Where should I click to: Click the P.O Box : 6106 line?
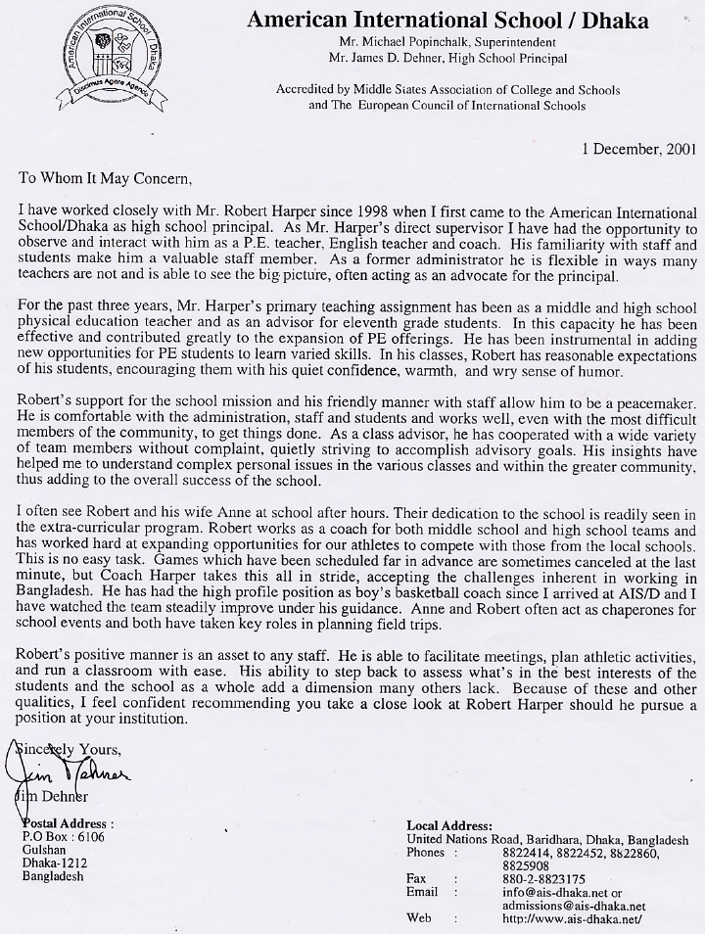63,838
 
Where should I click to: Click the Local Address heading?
449,826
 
